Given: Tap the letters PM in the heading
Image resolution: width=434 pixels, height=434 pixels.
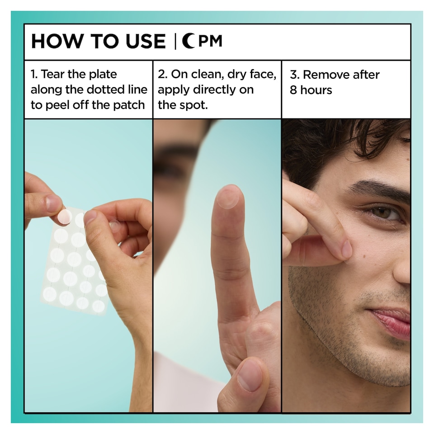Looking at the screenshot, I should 211,42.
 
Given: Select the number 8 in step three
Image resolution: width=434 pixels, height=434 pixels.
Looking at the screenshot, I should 293,90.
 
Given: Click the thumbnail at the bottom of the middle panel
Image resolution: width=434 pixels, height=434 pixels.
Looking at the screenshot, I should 250,375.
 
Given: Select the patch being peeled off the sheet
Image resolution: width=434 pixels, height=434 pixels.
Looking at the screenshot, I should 64,217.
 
